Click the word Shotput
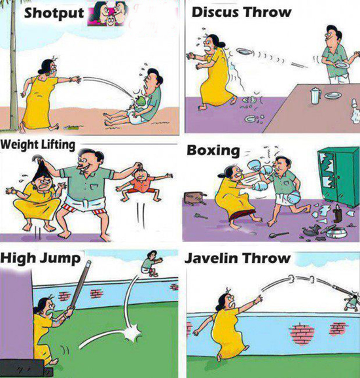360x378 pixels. (54, 14)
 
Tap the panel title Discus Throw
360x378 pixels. (242, 12)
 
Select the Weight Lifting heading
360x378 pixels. (38, 145)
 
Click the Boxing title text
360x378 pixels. (213, 151)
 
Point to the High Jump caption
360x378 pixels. (41, 258)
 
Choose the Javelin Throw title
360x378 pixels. (238, 258)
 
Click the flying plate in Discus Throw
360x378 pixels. (245, 52)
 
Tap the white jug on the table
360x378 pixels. (315, 95)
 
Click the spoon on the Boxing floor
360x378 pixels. (278, 235)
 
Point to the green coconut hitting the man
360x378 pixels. (139, 101)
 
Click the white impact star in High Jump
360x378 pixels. (132, 333)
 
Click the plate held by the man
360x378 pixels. (342, 65)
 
